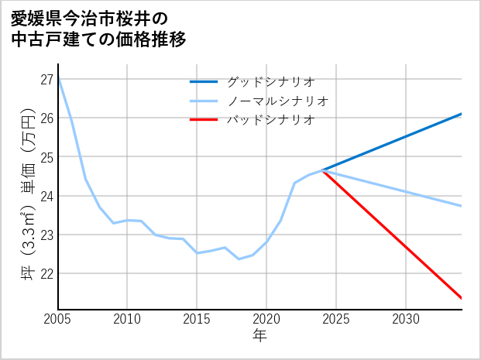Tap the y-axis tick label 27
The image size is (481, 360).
46,79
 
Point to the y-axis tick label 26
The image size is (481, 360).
46,118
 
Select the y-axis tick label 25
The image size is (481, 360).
46,157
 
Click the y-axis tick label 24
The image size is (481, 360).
46,196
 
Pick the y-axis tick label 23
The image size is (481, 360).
46,235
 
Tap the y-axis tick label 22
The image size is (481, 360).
46,273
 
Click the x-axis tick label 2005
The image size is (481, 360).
58,319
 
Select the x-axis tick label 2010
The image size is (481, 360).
128,319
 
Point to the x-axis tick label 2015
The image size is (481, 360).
197,319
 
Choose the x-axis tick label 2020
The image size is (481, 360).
266,319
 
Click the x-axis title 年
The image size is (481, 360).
260,336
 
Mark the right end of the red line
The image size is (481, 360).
462,298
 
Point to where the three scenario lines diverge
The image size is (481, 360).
322,170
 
